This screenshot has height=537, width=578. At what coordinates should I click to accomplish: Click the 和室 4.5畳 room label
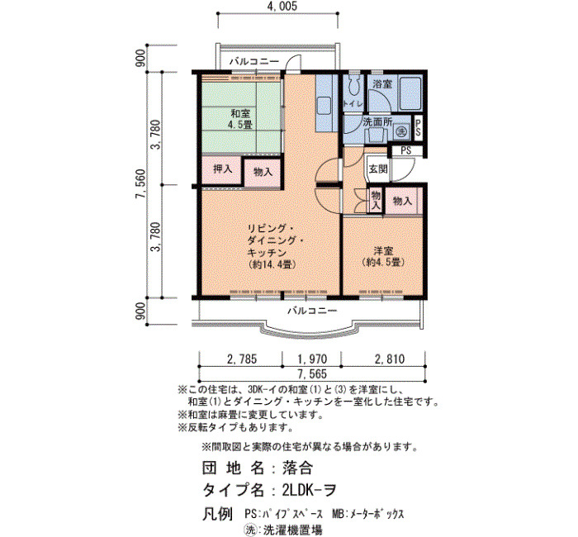click(240, 119)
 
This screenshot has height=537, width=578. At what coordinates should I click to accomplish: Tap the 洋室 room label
click(383, 251)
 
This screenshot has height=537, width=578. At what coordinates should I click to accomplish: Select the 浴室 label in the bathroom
click(381, 83)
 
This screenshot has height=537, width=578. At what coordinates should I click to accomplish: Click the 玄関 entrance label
click(378, 169)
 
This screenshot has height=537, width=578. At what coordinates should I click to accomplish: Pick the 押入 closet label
click(223, 169)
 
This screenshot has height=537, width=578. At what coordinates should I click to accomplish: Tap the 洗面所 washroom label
click(377, 122)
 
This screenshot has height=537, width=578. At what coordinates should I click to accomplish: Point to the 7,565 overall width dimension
click(312, 374)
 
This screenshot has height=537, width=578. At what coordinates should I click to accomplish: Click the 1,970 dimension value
click(312, 359)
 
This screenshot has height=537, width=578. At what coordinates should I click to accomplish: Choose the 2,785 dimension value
click(241, 359)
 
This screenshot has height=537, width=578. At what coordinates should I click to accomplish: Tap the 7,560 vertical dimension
click(141, 184)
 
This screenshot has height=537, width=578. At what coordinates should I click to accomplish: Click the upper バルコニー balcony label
click(254, 62)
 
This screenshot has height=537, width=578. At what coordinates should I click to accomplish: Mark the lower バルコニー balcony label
click(312, 311)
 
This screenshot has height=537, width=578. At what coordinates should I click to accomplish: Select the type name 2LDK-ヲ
click(309, 490)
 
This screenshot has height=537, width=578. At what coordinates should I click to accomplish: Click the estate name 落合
click(297, 468)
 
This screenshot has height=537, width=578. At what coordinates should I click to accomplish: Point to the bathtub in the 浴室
click(410, 93)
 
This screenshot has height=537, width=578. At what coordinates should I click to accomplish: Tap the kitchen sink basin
click(324, 106)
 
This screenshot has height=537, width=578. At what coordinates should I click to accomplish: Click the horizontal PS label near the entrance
click(406, 150)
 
